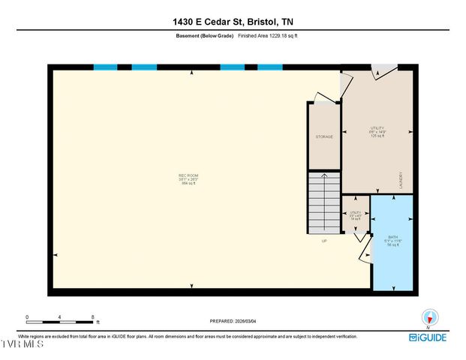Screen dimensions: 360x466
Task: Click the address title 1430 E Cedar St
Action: [233, 22]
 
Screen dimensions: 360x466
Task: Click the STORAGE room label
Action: [324, 136]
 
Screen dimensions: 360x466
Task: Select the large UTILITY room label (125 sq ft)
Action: [377, 132]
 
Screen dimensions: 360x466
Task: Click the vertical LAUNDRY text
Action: [401, 179]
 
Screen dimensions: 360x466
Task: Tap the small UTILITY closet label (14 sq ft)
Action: [356, 215]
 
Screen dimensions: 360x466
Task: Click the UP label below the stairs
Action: [324, 241]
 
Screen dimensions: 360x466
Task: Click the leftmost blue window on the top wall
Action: [105, 67]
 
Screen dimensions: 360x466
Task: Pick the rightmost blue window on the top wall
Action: [270, 67]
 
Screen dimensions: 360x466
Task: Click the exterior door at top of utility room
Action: [383, 72]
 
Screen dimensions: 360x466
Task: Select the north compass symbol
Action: [429, 317]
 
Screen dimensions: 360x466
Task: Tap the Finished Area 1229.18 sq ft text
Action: [272, 36]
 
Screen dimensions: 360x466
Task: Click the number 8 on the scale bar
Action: [92, 316]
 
